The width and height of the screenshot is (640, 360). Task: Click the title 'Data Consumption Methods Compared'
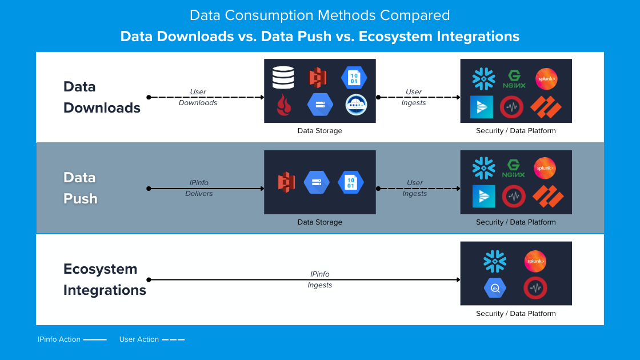(x=319, y=15)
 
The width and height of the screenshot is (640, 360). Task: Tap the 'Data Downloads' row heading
(x=102, y=97)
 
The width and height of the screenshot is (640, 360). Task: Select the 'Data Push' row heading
(x=81, y=188)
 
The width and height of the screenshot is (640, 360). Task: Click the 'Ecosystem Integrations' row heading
(x=105, y=279)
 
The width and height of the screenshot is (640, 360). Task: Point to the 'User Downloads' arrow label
(x=198, y=97)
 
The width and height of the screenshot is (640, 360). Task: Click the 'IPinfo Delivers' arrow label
(x=199, y=188)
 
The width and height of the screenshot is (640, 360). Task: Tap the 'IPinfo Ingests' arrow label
(x=319, y=279)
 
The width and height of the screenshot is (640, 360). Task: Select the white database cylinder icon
(x=283, y=78)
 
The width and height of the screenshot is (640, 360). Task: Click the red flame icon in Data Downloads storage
(x=284, y=105)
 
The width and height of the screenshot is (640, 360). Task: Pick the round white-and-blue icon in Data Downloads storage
(x=356, y=105)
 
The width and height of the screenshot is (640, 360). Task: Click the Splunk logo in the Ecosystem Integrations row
(x=535, y=261)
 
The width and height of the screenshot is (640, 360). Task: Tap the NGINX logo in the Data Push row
(x=513, y=169)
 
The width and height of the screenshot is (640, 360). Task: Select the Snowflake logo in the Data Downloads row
(x=483, y=79)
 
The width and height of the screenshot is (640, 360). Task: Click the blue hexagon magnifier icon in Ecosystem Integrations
(x=495, y=288)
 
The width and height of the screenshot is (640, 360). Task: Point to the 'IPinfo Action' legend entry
(x=72, y=339)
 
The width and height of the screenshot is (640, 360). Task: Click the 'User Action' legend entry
(x=151, y=339)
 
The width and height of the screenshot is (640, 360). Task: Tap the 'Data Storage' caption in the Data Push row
(x=319, y=222)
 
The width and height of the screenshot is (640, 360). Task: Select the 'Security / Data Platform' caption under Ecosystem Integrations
(x=515, y=314)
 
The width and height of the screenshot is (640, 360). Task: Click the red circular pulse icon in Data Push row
(x=513, y=197)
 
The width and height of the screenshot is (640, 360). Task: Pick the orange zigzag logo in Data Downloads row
(x=546, y=107)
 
